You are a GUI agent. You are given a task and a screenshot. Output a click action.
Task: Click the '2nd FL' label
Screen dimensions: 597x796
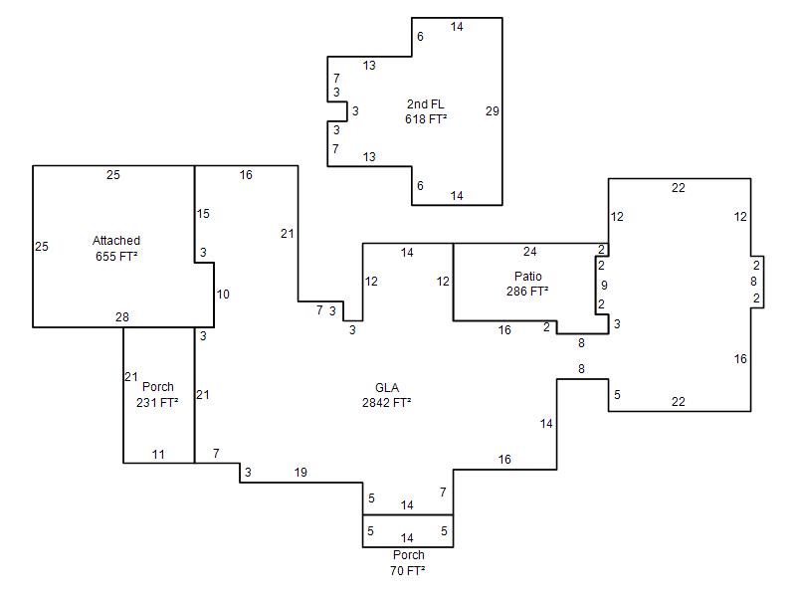click(425, 104)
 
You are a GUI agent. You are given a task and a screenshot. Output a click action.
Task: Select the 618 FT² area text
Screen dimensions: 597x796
click(425, 119)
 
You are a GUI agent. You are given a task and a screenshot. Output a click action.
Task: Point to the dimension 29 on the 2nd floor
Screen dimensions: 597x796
click(492, 111)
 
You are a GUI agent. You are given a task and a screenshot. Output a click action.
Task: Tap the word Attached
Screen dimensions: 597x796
click(116, 241)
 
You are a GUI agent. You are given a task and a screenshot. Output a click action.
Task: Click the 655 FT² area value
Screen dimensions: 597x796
click(116, 256)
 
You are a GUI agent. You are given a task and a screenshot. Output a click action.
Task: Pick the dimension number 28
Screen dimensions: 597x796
click(122, 317)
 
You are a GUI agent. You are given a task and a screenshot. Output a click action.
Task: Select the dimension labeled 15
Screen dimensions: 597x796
click(203, 214)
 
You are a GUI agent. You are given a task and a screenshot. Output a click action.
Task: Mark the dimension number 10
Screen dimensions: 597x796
click(223, 295)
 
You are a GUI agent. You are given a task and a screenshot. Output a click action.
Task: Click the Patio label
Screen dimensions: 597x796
click(528, 277)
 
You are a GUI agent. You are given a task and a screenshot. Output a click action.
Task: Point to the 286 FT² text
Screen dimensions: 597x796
click(527, 292)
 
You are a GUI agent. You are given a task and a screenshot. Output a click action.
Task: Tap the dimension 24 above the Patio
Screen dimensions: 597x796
click(530, 252)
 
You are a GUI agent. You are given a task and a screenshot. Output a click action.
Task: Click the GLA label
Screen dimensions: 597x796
click(387, 388)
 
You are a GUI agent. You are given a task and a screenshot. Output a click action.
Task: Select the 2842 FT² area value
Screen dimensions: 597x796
click(387, 403)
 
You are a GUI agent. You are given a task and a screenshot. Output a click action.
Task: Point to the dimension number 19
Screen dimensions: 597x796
click(300, 473)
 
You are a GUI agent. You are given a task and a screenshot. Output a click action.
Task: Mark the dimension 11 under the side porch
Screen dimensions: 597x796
click(158, 455)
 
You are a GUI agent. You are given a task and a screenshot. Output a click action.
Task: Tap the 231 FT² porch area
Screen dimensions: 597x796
click(157, 403)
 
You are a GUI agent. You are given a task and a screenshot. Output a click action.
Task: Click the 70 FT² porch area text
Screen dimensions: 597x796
click(408, 571)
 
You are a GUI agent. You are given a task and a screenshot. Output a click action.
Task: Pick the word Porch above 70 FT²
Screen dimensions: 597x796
click(408, 555)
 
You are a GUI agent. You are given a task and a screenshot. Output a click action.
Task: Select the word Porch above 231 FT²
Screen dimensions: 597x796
click(158, 387)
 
